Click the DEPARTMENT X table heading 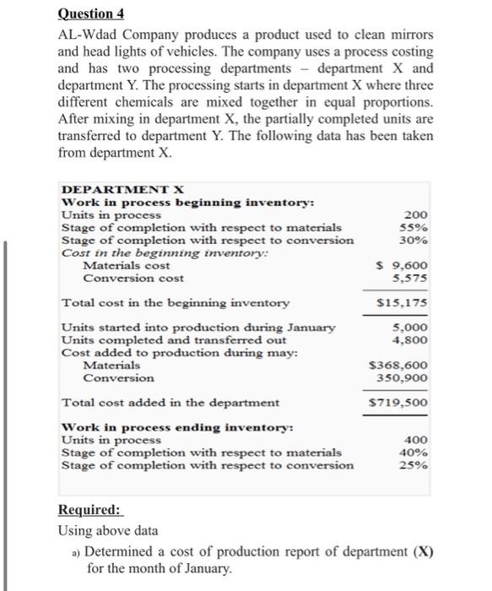click(123, 189)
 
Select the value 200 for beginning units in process click(416, 215)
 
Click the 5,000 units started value click(411, 328)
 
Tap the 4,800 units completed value click(411, 340)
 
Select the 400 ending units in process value click(416, 440)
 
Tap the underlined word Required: click(89, 511)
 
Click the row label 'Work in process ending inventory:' click(178, 428)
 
